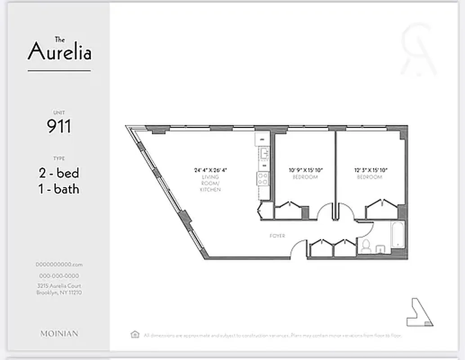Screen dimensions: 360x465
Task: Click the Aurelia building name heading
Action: click(x=59, y=50)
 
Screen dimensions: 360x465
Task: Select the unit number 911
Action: click(x=59, y=126)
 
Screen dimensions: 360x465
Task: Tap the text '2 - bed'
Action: click(x=59, y=173)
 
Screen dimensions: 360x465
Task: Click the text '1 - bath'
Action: click(x=59, y=189)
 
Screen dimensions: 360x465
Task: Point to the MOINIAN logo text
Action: click(x=59, y=333)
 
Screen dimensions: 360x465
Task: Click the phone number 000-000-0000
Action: click(x=59, y=276)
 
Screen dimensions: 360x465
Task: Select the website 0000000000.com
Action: click(x=59, y=265)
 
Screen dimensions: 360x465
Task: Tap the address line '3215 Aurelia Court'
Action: click(x=59, y=286)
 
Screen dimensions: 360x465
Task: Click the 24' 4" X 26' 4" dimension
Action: click(x=210, y=171)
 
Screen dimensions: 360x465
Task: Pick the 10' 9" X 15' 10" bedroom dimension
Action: click(x=306, y=171)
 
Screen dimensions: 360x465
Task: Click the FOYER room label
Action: click(x=277, y=236)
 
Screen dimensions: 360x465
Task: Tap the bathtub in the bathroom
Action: click(x=398, y=235)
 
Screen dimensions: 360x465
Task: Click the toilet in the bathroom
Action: click(x=366, y=247)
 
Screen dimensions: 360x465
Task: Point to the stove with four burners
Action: click(x=263, y=179)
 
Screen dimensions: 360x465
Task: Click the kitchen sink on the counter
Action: click(x=263, y=154)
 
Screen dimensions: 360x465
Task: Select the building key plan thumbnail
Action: click(x=420, y=312)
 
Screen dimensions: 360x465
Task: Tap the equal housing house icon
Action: click(x=134, y=334)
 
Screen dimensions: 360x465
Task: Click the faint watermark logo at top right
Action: click(x=418, y=49)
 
